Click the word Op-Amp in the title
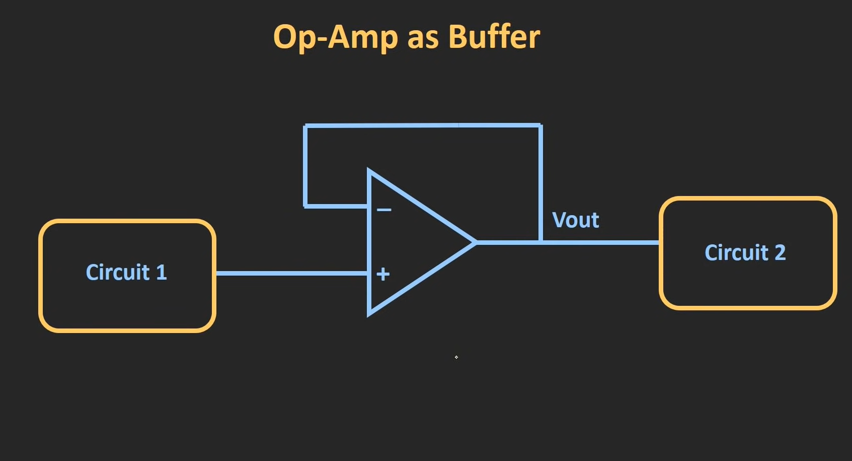(x=335, y=37)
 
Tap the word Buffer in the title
(x=494, y=37)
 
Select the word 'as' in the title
(x=422, y=38)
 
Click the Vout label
(x=575, y=220)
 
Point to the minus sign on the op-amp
(x=384, y=210)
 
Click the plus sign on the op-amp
(x=383, y=274)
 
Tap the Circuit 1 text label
(x=126, y=273)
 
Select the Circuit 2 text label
(x=745, y=252)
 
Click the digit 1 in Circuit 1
(x=161, y=273)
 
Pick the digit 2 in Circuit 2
(x=780, y=252)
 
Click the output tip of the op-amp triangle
(x=475, y=242)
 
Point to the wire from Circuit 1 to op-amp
(x=292, y=273)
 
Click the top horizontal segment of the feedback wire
(x=423, y=125)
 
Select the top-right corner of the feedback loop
(x=540, y=125)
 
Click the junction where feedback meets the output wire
(x=540, y=242)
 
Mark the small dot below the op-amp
(x=456, y=357)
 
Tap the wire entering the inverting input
(x=336, y=206)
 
